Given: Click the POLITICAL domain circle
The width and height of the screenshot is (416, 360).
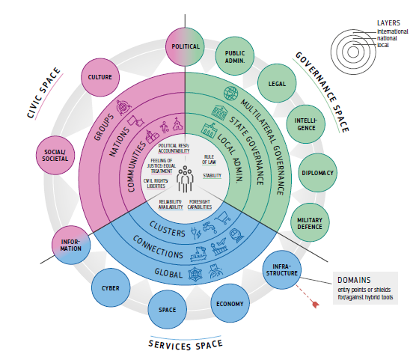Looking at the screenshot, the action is [x=186, y=46].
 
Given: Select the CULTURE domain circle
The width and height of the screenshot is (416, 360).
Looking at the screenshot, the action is [x=100, y=77].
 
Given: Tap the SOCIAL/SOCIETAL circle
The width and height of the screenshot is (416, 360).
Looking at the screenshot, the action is [x=55, y=156].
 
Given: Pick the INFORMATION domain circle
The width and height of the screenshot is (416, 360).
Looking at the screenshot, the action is [x=71, y=245].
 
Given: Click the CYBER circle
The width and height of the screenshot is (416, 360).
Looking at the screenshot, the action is [x=111, y=288].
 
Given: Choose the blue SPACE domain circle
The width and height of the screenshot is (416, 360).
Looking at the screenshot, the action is [x=167, y=310].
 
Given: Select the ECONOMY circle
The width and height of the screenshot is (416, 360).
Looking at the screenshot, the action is [x=230, y=304].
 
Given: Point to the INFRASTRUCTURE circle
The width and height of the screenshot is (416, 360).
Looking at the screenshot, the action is [x=282, y=269].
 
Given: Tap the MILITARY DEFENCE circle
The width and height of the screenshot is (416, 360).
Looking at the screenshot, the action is [x=310, y=223].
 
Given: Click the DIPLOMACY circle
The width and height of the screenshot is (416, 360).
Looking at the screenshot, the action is [x=317, y=173].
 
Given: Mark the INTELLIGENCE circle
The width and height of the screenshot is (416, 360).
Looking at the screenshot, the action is [x=306, y=124].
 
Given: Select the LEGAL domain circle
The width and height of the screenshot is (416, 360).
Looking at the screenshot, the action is [x=277, y=83].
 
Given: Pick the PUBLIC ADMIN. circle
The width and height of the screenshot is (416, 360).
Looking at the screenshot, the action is [x=235, y=57].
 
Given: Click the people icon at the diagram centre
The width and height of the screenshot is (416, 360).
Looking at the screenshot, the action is [x=186, y=179].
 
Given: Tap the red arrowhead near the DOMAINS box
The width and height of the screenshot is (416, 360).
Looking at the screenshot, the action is [x=315, y=305].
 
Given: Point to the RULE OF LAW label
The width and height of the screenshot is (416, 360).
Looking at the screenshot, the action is [x=209, y=159].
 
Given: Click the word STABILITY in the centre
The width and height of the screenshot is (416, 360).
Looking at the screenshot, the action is [x=212, y=176].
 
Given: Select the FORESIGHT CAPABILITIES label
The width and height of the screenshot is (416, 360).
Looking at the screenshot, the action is [x=200, y=204].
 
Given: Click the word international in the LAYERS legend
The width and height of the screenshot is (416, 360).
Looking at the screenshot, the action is [x=393, y=31].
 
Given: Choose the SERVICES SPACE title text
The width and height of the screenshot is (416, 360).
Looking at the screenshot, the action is [x=186, y=345].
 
